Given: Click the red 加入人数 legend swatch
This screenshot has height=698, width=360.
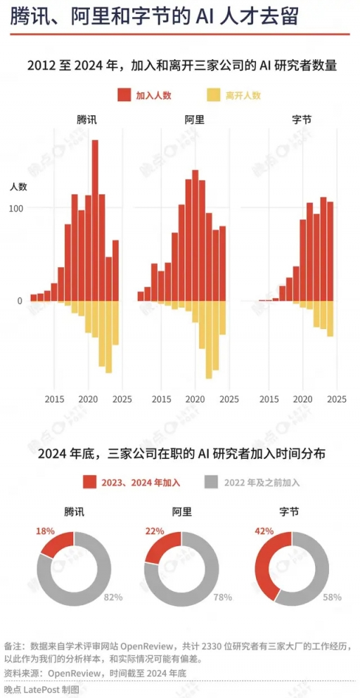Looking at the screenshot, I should click(x=124, y=95).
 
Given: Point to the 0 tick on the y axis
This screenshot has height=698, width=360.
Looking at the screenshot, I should click(x=20, y=301).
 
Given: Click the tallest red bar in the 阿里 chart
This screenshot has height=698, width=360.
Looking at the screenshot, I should click(x=195, y=235).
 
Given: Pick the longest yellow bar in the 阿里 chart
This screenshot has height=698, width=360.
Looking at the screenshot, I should click(x=209, y=340).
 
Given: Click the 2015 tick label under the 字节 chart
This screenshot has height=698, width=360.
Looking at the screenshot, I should click(x=269, y=399).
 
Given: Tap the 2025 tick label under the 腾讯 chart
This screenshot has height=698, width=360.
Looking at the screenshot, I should click(x=122, y=399).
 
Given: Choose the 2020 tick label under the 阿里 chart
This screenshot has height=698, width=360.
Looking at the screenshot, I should click(x=195, y=399).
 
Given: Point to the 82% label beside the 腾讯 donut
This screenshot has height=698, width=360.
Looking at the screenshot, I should click(x=113, y=597).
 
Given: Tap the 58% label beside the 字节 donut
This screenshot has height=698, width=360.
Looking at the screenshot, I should click(x=332, y=597).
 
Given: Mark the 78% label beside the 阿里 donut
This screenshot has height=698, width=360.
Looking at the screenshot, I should click(x=223, y=597).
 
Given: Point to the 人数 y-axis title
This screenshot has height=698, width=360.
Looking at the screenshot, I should click(x=18, y=186).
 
